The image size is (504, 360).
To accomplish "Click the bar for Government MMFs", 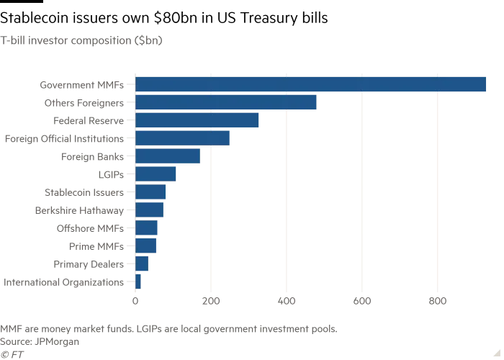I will point(310,84).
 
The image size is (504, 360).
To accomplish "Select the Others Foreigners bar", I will point(226,102).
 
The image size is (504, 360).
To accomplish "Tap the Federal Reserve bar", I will point(197,120).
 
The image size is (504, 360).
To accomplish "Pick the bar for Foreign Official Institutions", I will point(182,138).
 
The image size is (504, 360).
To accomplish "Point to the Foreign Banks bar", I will point(168,156).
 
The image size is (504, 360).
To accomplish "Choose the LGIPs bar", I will point(156,174).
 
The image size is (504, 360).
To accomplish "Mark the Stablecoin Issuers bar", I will point(150,192).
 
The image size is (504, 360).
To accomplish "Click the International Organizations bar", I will point(138,282).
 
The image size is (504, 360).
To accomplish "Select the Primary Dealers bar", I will point(142,264).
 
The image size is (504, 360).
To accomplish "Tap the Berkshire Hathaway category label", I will point(79,210).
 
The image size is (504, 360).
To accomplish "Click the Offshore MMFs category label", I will point(90,228).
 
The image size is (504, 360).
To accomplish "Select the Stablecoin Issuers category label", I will point(84,192).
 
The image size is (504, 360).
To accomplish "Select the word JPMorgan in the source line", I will point(57,342).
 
